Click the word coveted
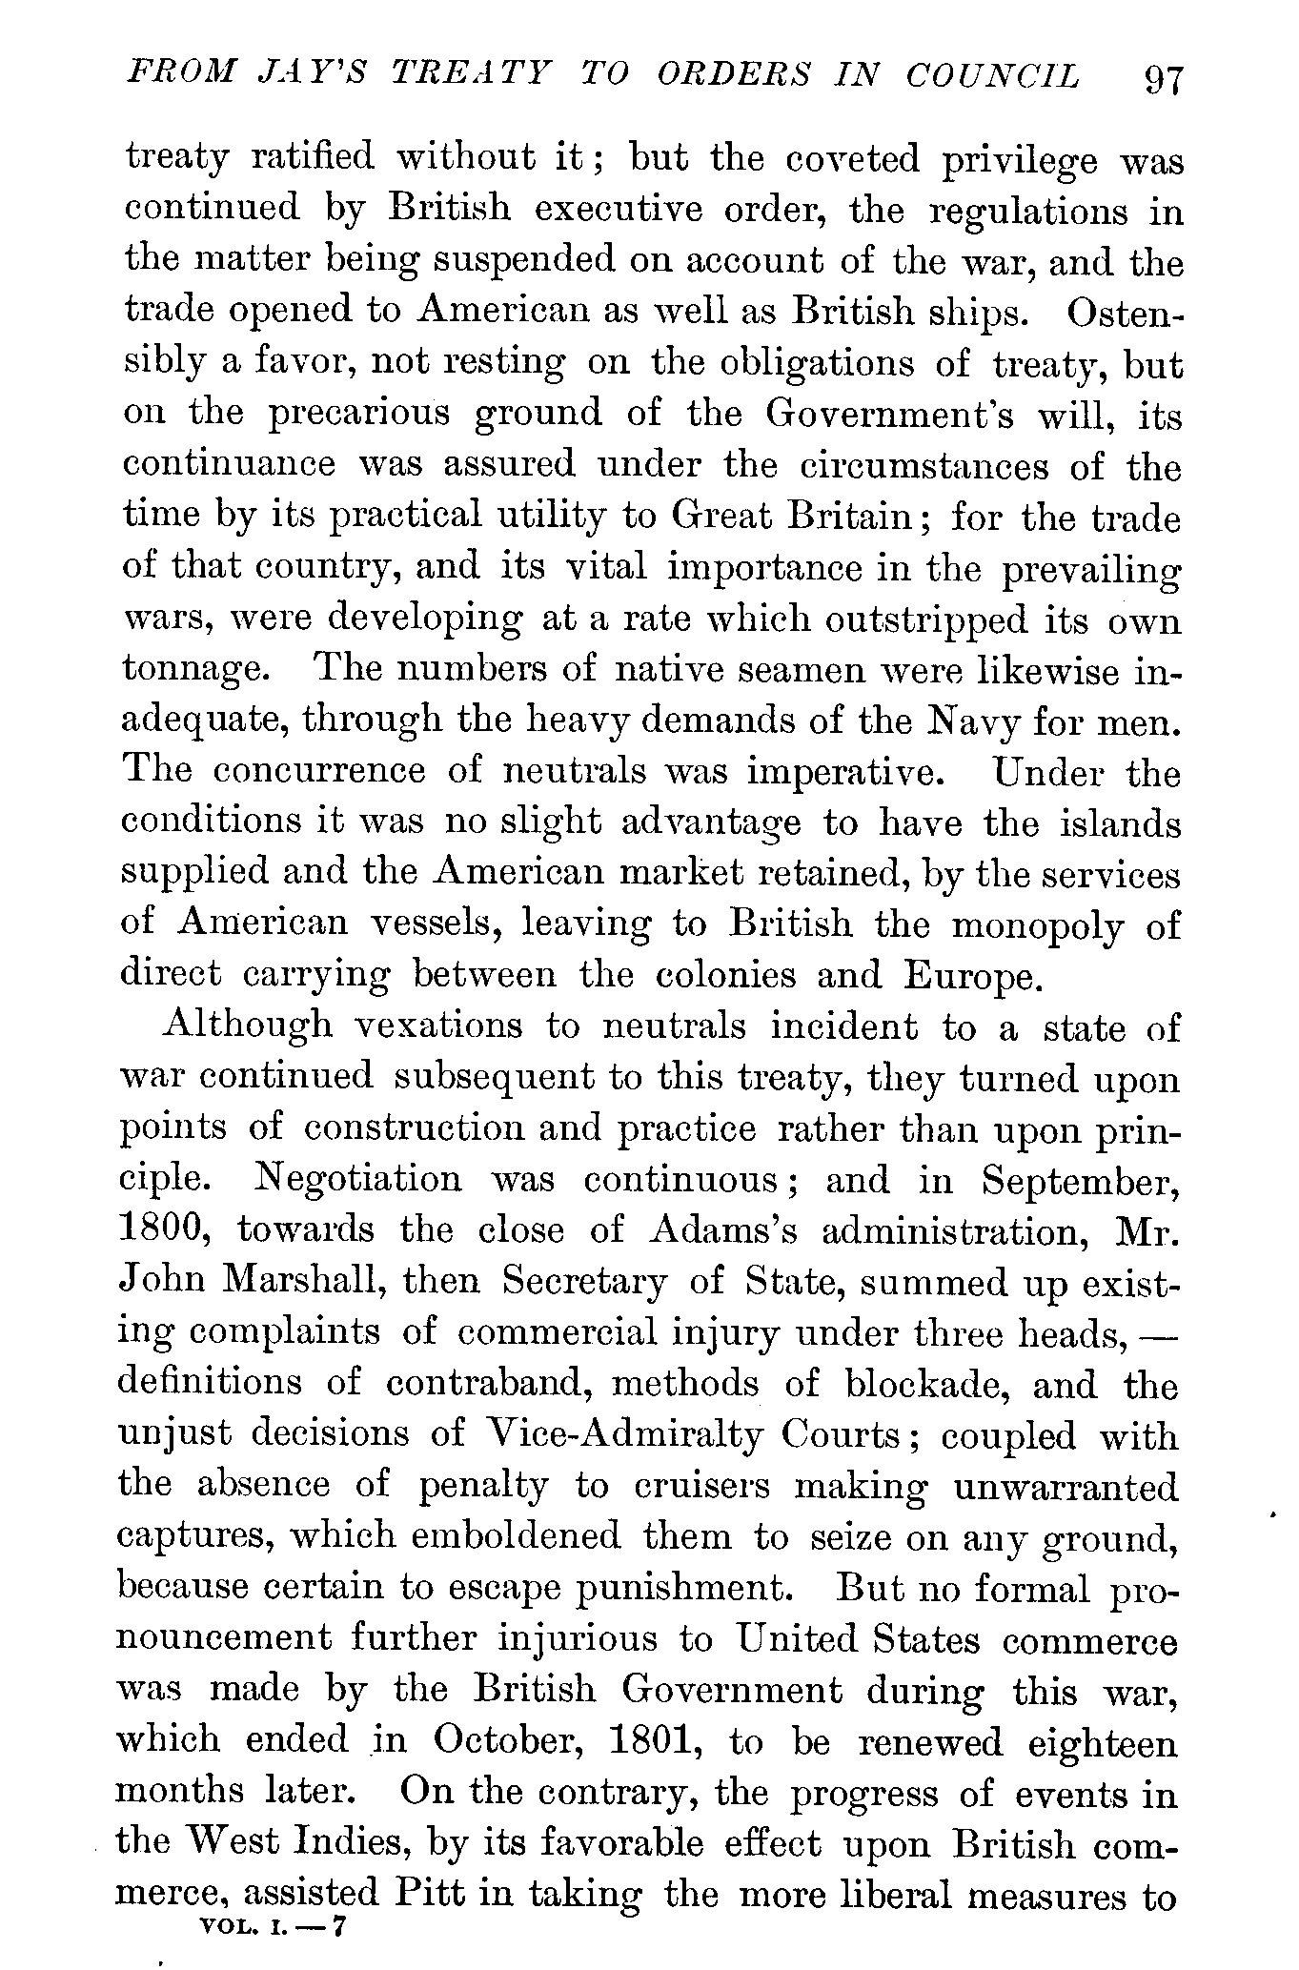tap(853, 159)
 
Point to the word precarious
tap(357, 415)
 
